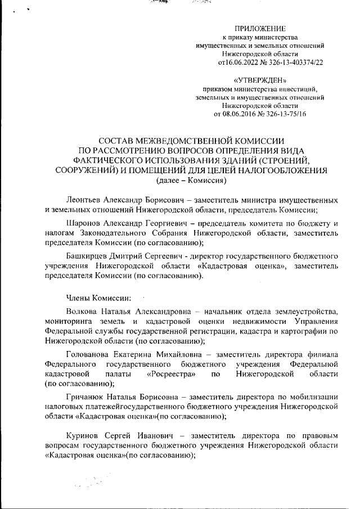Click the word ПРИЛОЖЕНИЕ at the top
pos(260,28)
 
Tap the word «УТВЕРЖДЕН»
pos(260,81)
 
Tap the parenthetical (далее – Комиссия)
pos(191,181)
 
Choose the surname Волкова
pos(82,312)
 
